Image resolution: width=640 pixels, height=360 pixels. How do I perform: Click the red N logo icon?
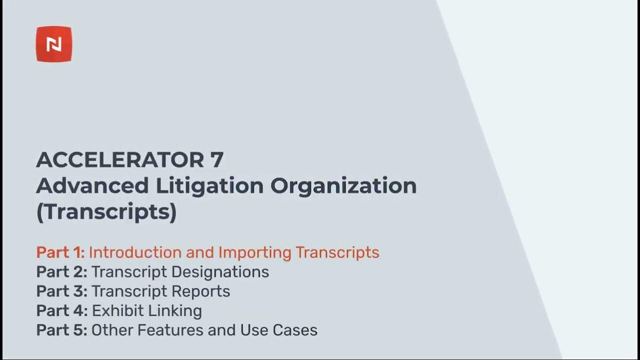(x=54, y=44)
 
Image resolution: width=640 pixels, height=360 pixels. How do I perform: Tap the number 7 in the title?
(x=216, y=160)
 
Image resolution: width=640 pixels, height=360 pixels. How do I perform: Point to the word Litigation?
(x=209, y=186)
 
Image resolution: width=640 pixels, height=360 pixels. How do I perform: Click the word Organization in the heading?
(x=343, y=186)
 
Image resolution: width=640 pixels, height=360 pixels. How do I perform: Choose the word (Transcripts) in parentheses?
(x=106, y=212)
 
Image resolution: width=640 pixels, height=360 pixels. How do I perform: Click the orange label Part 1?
(x=60, y=252)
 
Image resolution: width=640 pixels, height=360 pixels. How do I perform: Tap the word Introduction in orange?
(x=135, y=252)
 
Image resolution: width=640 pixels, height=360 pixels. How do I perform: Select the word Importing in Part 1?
(x=254, y=252)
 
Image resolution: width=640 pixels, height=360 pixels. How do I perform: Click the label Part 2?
(x=61, y=272)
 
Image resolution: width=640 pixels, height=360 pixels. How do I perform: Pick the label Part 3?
(x=61, y=291)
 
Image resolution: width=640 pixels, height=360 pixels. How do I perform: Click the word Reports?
(x=202, y=291)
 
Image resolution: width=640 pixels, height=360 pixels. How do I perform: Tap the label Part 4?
(x=61, y=311)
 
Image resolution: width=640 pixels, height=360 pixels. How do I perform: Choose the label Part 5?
(x=61, y=330)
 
